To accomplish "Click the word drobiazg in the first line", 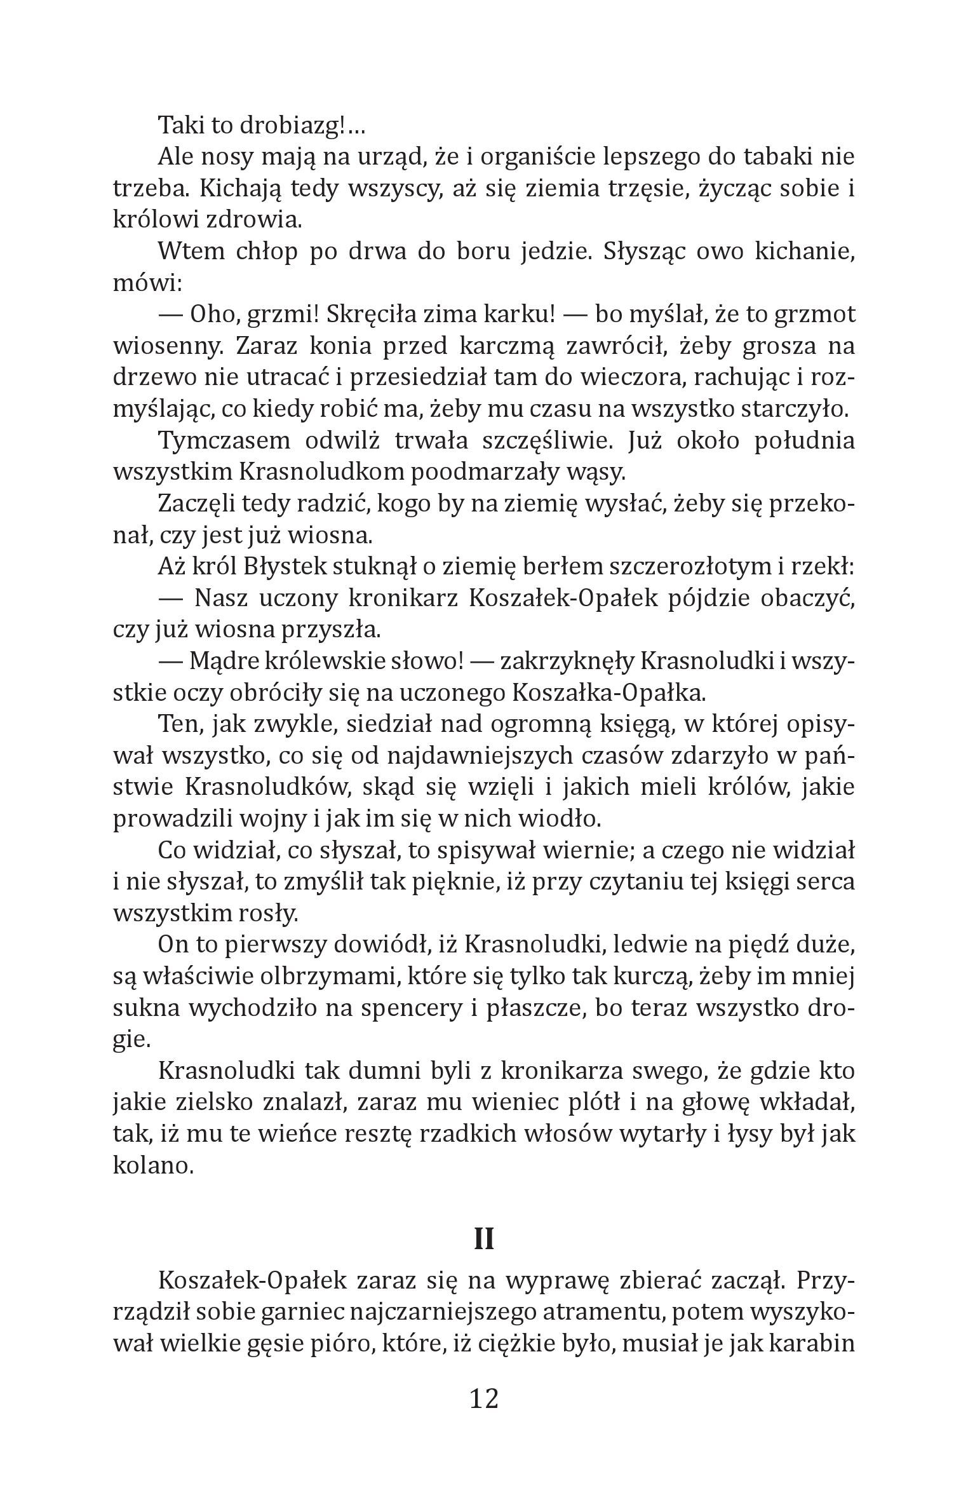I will point(293,126).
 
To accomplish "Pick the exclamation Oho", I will point(215,315).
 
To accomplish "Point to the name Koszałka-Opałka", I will point(608,693).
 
